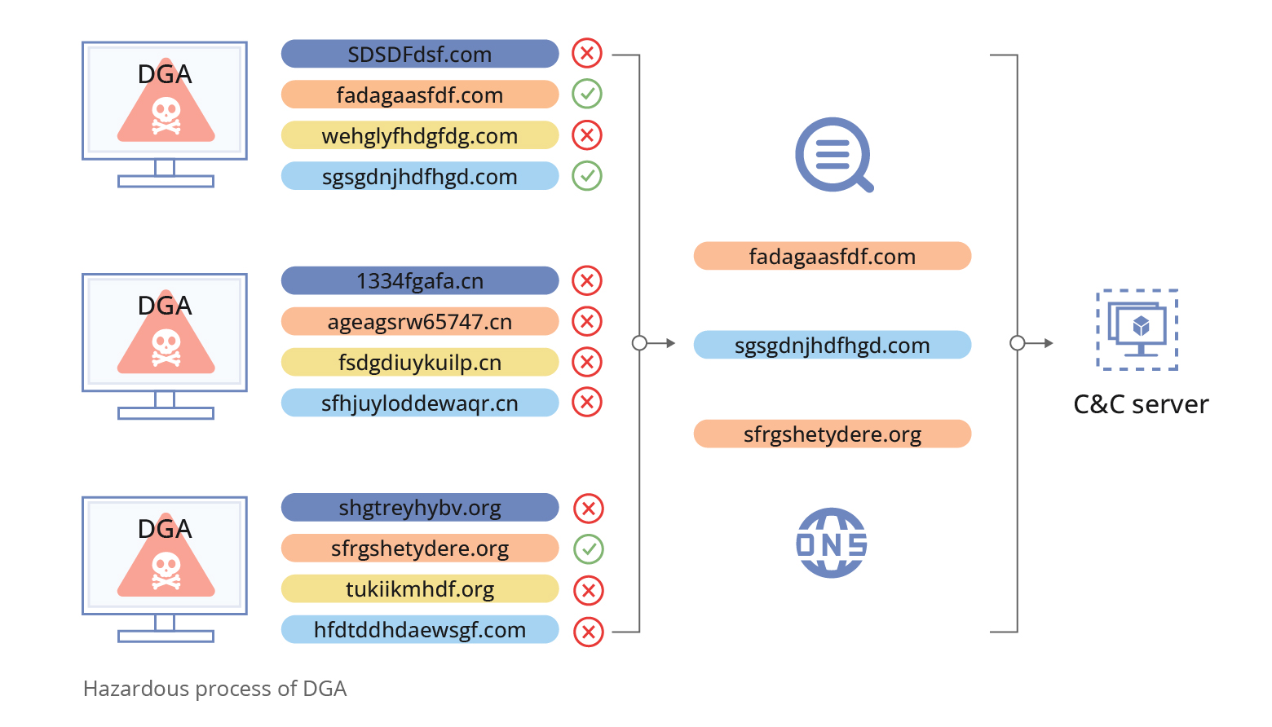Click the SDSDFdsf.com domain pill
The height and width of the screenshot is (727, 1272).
pos(420,54)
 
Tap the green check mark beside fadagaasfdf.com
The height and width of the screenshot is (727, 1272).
pos(587,94)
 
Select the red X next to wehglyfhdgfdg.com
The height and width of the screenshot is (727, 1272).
pos(587,134)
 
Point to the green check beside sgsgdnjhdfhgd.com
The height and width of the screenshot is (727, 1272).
pos(587,175)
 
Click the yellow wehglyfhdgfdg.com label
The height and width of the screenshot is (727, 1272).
pos(420,135)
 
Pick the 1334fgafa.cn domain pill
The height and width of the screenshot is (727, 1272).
pos(420,280)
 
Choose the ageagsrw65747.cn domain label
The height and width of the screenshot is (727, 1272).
pos(420,321)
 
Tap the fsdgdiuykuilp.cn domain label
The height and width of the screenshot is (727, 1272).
pos(420,362)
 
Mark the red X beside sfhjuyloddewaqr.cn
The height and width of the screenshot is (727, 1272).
pos(587,402)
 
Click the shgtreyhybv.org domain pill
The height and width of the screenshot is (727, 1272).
pos(420,507)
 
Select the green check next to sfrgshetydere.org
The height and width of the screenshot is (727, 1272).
pos(588,549)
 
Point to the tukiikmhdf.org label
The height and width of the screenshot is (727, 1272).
pos(420,588)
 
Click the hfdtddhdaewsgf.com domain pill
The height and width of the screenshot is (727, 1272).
pos(420,629)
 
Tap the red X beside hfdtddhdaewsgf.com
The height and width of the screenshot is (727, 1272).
pos(588,632)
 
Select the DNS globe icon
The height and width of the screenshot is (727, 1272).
pos(831,544)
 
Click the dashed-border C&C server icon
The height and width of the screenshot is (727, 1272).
pos(1137,330)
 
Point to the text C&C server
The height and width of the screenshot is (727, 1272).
pos(1141,404)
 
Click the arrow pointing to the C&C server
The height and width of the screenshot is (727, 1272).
pos(1039,343)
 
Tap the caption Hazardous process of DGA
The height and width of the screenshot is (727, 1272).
pos(215,689)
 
